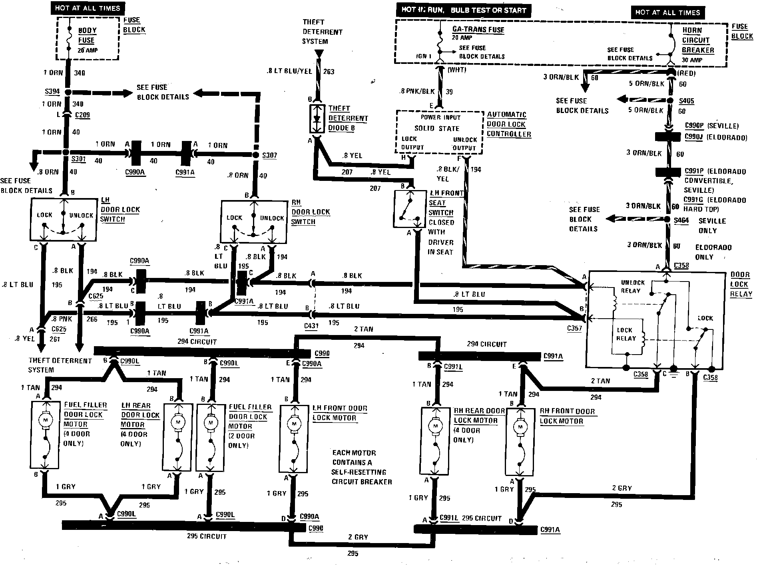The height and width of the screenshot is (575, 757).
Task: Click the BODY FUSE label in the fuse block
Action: [87, 35]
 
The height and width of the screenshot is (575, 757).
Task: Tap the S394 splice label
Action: [52, 91]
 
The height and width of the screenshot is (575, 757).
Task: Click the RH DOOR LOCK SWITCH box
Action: [253, 221]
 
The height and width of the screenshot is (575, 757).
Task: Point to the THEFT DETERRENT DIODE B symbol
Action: [317, 119]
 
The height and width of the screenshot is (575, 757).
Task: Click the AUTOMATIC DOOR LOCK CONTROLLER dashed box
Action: [439, 132]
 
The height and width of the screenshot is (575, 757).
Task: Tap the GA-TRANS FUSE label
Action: [478, 30]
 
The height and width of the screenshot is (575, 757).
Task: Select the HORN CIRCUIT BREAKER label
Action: [697, 40]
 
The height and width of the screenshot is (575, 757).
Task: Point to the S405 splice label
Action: [687, 101]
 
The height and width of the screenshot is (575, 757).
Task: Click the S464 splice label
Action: [681, 220]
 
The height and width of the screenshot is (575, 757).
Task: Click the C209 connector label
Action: [82, 115]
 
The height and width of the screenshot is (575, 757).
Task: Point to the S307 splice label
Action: [270, 155]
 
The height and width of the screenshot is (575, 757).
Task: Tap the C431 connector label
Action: [311, 326]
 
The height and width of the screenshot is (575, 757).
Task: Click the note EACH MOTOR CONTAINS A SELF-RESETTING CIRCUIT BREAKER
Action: [361, 467]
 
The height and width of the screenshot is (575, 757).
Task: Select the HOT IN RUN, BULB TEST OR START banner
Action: [464, 10]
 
